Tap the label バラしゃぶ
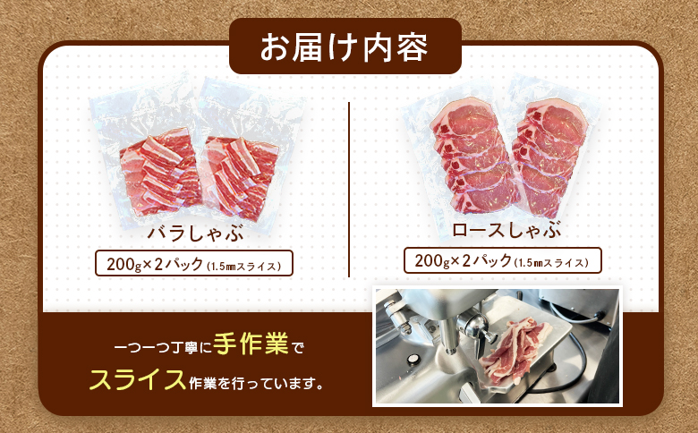click(x=196, y=234)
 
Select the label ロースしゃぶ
click(x=500, y=230)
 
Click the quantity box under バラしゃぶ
click(x=194, y=265)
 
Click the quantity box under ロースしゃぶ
click(x=503, y=260)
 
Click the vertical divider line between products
click(x=349, y=188)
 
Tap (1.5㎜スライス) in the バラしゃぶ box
click(x=245, y=266)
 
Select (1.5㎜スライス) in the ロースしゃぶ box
click(x=553, y=261)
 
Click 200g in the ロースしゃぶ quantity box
click(x=431, y=260)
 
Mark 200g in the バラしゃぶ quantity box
click(x=123, y=265)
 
